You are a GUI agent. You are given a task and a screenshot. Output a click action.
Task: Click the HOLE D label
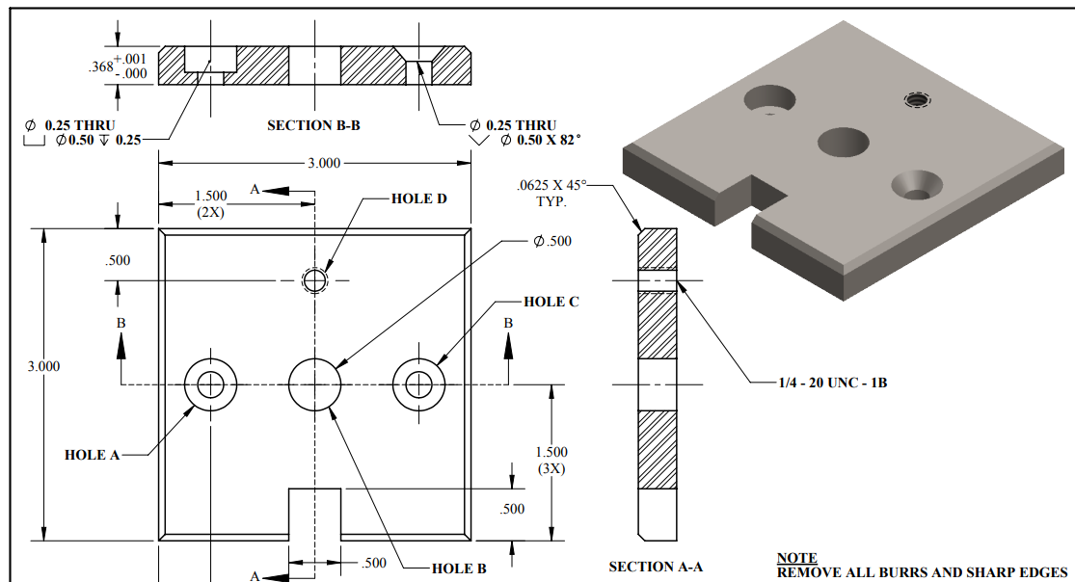419,198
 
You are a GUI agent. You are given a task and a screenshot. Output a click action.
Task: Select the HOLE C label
551,302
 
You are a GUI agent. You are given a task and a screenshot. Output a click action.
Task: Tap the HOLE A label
92,455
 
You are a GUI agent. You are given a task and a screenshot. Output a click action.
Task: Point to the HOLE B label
459,569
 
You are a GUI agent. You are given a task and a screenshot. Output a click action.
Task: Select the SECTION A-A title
655,567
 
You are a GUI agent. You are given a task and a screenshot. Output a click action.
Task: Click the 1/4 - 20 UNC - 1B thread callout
832,383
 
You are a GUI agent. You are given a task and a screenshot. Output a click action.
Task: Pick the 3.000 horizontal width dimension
323,163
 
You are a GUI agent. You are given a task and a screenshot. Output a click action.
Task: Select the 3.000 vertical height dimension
43,366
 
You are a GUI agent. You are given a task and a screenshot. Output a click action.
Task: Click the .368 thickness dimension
98,67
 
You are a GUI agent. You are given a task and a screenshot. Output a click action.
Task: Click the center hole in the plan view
314,384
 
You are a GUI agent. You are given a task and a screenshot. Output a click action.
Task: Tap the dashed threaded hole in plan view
314,280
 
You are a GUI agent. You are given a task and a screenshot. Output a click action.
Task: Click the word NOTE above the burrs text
796,558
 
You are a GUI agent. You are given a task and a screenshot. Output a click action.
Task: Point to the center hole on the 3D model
844,142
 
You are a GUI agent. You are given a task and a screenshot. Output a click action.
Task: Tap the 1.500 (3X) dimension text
551,460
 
